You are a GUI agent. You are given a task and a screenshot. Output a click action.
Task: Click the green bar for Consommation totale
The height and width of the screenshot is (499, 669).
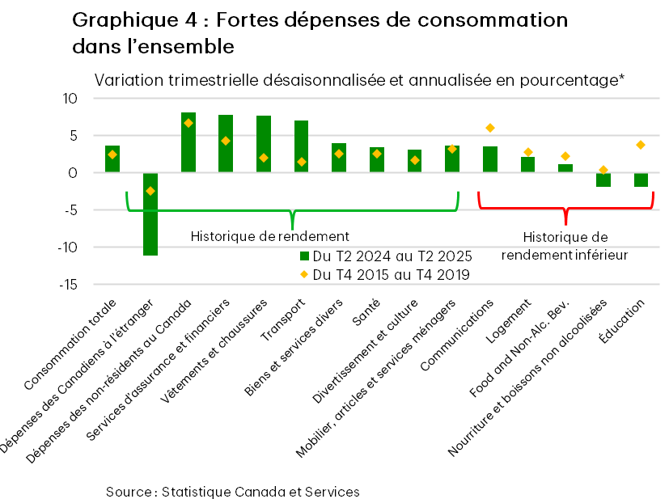coord(112,159)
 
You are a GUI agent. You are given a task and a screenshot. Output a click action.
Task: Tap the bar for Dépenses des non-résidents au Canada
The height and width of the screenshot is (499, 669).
coord(188,142)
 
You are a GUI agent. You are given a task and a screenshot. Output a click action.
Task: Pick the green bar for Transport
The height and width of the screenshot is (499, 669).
coord(301,146)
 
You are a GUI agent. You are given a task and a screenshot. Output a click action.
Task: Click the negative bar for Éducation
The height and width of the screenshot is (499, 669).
coord(641,180)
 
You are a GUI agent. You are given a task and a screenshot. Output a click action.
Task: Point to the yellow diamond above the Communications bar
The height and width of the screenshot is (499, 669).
coord(490,128)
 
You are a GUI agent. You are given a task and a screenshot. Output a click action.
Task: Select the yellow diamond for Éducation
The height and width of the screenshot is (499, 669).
coord(641,145)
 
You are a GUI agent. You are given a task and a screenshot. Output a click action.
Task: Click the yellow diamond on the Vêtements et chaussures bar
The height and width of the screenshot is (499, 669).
coord(264,158)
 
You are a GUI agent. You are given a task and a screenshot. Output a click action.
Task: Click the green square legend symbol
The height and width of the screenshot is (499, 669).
coord(304,256)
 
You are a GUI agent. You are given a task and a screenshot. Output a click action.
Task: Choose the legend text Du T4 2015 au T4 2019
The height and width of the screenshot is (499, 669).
coord(391,275)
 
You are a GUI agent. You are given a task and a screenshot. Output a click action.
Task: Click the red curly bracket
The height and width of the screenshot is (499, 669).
coord(565,209)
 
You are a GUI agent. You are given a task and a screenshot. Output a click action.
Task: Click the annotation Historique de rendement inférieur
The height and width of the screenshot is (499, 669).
coord(565,246)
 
